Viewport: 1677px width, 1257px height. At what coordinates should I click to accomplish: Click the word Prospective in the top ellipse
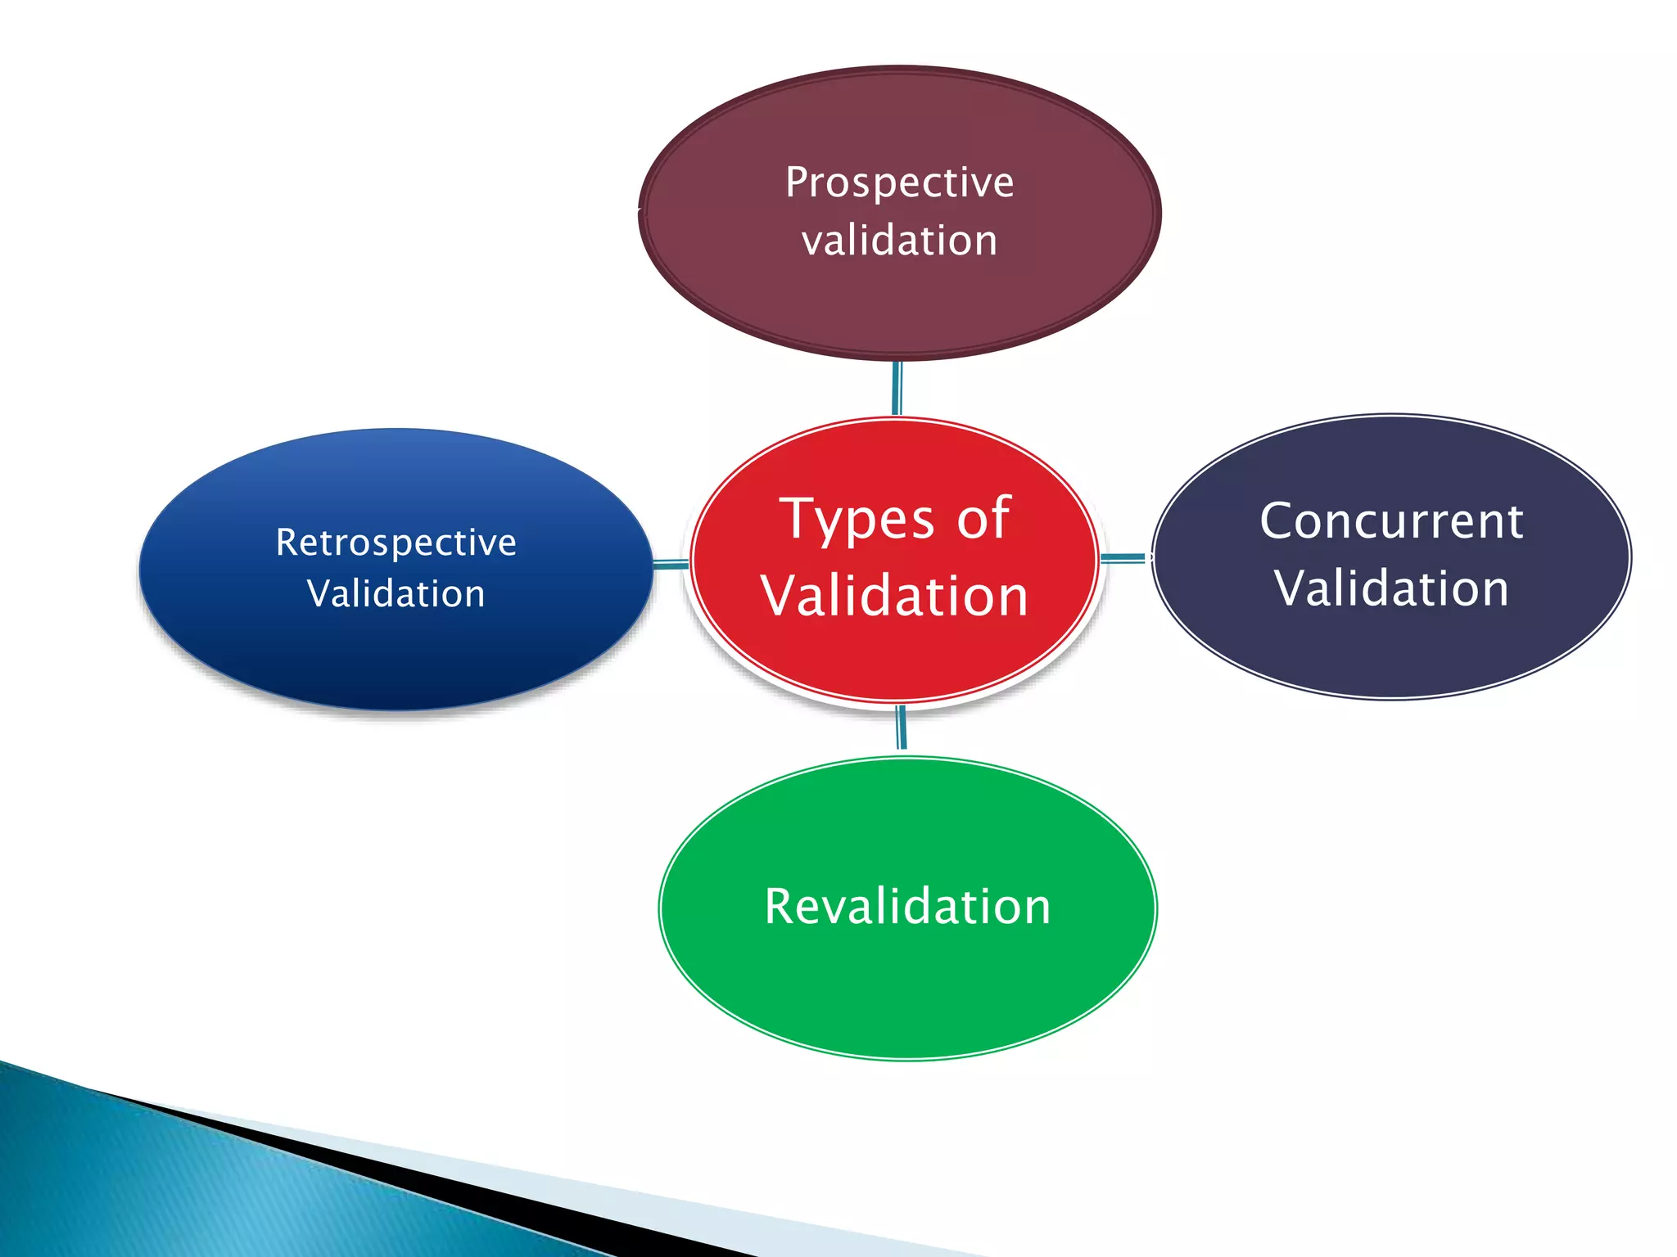click(899, 182)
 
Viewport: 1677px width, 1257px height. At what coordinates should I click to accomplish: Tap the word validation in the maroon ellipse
click(899, 241)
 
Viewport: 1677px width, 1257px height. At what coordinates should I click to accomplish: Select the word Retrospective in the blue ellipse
click(396, 543)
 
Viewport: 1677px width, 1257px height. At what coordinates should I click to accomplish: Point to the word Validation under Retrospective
click(396, 593)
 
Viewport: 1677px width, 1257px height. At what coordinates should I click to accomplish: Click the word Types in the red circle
click(857, 520)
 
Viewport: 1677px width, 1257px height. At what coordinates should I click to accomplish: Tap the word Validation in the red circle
click(894, 596)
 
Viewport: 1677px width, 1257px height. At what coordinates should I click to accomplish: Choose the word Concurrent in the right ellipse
click(1391, 521)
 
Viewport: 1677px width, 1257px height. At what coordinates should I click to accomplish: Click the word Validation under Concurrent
click(1391, 588)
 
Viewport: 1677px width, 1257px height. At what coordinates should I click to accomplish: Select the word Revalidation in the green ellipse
click(907, 907)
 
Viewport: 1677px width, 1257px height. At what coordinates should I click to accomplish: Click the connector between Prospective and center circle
click(897, 388)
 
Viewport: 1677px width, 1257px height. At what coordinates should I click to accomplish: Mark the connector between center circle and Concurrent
click(1123, 558)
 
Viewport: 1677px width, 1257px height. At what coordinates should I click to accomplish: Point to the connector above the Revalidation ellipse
click(902, 728)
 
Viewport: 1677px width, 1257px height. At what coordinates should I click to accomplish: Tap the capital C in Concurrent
click(1277, 521)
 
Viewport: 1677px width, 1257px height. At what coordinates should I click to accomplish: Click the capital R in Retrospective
click(287, 542)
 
